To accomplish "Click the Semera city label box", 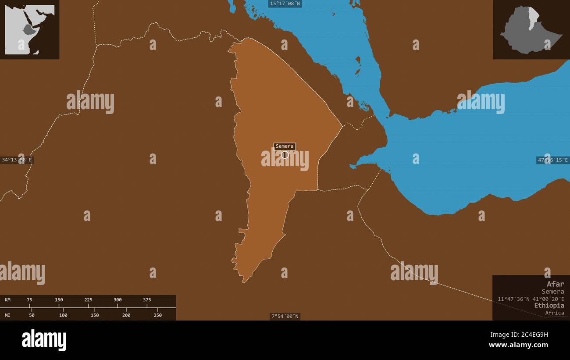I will [x=285, y=146].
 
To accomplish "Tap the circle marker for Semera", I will [x=285, y=154].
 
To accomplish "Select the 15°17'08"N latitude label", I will [x=285, y=4].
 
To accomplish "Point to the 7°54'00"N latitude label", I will [x=285, y=316].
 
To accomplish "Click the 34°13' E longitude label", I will [x=17, y=160].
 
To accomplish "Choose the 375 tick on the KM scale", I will [x=147, y=300].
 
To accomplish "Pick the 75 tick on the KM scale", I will [x=29, y=300].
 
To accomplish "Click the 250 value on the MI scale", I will [x=158, y=315].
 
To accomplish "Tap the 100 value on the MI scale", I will [x=63, y=315].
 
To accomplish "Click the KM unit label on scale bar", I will [x=8, y=300].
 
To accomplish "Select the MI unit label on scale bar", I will [x=8, y=315].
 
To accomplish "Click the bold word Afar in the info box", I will [x=555, y=284].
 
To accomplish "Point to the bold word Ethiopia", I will [x=549, y=305].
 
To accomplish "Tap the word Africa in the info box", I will [x=555, y=313].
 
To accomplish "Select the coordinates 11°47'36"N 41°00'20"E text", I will [x=531, y=299].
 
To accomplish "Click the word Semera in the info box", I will [x=552, y=291].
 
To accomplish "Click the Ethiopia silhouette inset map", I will [x=531, y=30].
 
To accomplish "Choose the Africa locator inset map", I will [x=29, y=29].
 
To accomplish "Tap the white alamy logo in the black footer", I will [x=44, y=340].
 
